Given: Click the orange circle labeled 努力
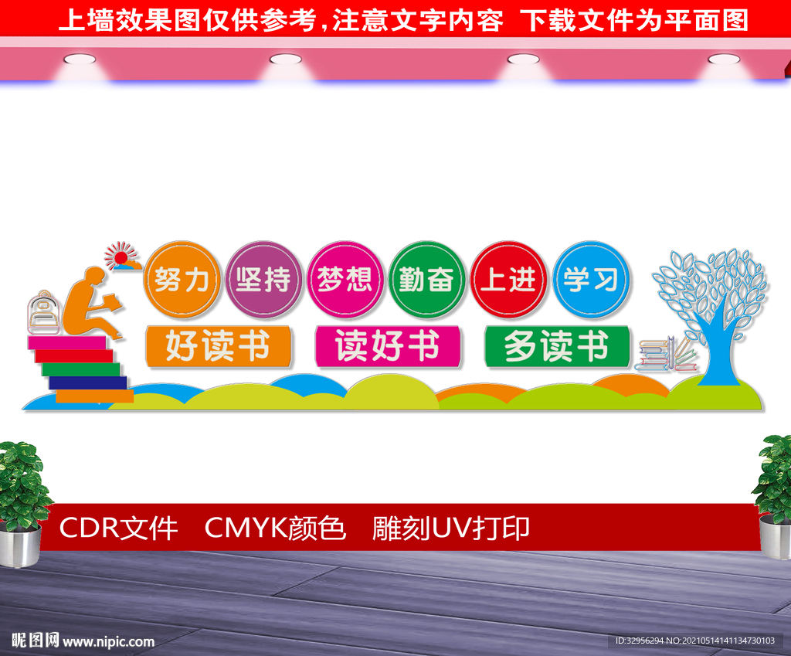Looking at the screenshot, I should coord(182,280).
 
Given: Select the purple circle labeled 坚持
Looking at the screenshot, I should coord(263,280).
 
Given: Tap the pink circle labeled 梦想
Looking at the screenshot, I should coord(345,280).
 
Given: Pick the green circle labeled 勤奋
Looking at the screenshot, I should coord(426,280).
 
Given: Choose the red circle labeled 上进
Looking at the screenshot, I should coord(508,280).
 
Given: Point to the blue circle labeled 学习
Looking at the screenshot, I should coord(591,280).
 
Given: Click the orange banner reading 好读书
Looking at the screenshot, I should coord(218,346).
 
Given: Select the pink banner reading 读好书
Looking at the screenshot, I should coord(387,346).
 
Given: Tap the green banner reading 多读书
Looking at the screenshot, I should coord(556,346).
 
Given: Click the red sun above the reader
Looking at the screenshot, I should coord(121,256).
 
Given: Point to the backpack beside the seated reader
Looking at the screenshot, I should coord(43,314).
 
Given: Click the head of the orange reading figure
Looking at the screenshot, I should coord(93,277).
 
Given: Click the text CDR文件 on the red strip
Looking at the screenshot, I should coord(118,529).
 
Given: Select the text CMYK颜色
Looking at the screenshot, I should coord(275,529).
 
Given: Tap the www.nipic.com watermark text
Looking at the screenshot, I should coord(108,641).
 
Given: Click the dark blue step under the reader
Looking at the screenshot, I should coord(87,382).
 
